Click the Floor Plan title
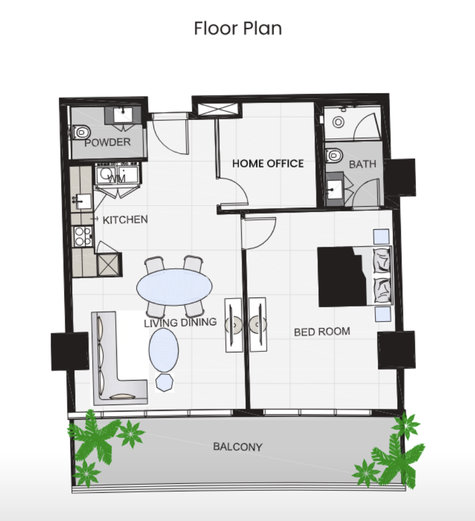point(238,28)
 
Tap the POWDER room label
point(108,142)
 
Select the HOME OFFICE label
point(268,163)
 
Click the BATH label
point(362,164)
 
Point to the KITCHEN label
point(125,220)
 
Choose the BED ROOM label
point(322,331)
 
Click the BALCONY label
point(238,446)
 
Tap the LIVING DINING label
point(181,322)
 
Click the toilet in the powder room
point(81,132)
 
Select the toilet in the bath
point(334,156)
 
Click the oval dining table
point(174,287)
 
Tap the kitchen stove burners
point(82,236)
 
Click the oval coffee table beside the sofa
point(163,350)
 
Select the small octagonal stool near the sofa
point(165,382)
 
